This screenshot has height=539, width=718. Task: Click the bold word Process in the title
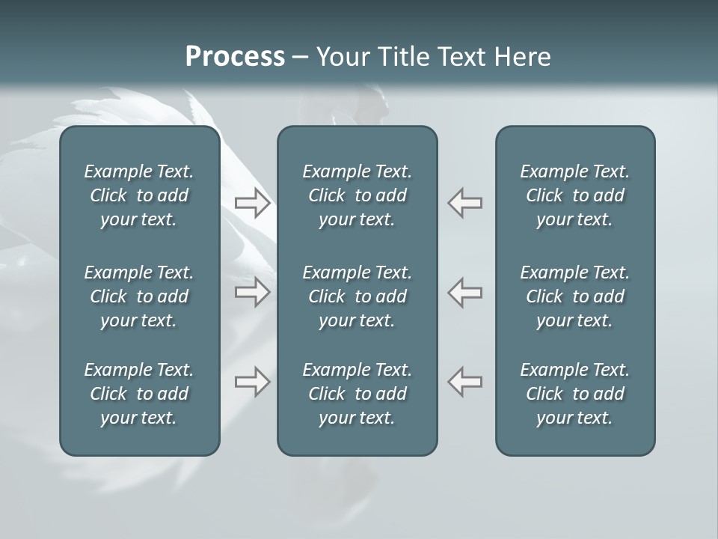(x=235, y=57)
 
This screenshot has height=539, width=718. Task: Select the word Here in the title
(x=523, y=57)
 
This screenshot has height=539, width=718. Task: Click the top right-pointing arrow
(x=252, y=203)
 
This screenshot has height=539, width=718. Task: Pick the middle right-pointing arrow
(x=252, y=292)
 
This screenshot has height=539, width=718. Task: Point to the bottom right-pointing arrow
(x=252, y=381)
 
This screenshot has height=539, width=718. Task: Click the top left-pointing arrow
(x=465, y=203)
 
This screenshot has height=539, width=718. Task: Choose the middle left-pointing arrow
(x=465, y=292)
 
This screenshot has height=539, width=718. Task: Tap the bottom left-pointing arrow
(x=465, y=381)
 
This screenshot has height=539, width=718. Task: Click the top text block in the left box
(x=139, y=195)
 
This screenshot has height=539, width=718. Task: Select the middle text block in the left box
(x=139, y=296)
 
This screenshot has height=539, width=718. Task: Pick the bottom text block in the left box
(x=139, y=394)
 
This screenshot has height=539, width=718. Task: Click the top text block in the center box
(x=357, y=195)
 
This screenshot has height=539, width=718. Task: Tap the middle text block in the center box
(x=357, y=296)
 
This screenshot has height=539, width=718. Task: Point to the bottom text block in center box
(x=357, y=394)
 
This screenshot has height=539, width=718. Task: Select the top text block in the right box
(x=574, y=195)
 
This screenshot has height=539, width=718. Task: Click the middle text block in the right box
(x=574, y=296)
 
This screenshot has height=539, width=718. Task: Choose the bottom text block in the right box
(x=574, y=394)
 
